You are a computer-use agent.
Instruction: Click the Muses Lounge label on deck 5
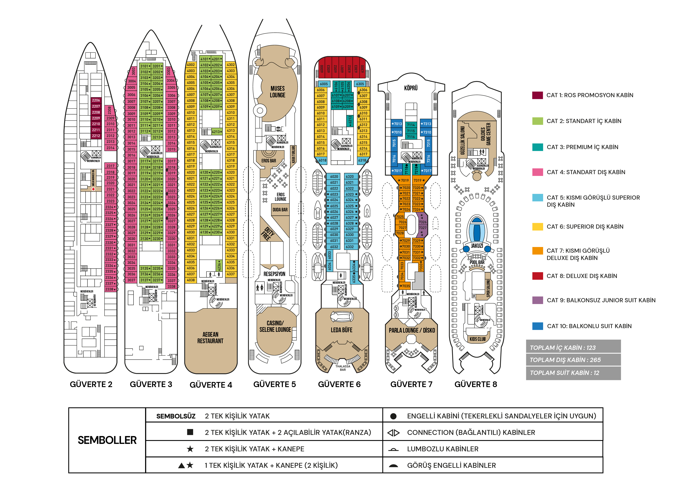click(277, 92)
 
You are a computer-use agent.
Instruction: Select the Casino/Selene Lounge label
click(275, 326)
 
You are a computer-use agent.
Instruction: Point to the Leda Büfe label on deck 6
click(341, 330)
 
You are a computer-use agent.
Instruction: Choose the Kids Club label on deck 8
click(477, 339)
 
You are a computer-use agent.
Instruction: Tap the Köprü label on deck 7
click(411, 88)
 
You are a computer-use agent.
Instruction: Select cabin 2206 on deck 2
click(96, 100)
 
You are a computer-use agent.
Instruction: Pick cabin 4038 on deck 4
click(191, 280)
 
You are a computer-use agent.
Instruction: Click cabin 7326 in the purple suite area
click(423, 222)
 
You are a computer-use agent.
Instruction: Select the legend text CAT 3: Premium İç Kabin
click(582, 147)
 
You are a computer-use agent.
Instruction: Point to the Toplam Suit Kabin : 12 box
click(573, 373)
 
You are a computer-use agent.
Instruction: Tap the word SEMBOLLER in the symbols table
click(107, 440)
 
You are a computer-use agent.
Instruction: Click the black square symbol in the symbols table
click(190, 432)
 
